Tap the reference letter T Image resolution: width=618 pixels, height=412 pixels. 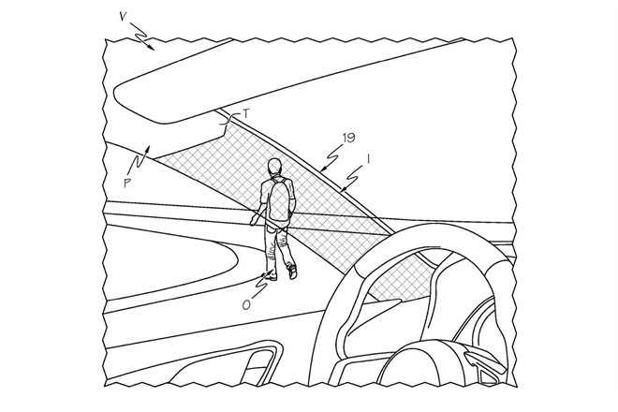(x=246, y=111)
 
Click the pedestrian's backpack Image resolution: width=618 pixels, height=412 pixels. (x=278, y=200)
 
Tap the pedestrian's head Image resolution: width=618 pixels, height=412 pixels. (x=273, y=167)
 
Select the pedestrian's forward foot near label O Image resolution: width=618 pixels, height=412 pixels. (x=271, y=274)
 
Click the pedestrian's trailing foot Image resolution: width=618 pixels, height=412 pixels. (x=292, y=271)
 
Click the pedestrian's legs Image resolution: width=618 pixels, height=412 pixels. (x=278, y=248)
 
